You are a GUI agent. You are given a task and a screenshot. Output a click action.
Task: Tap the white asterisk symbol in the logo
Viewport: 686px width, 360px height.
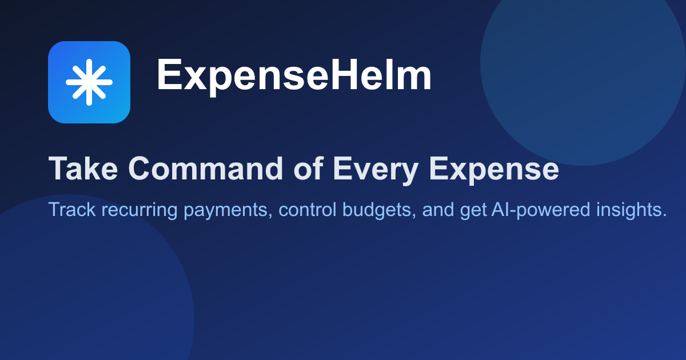(89, 82)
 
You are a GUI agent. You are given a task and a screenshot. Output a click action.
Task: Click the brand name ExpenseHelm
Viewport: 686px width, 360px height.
(294, 77)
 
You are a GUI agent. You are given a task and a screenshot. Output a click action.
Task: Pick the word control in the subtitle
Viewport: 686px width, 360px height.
(308, 210)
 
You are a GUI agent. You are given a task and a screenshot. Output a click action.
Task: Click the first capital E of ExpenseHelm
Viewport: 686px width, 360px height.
(167, 77)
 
